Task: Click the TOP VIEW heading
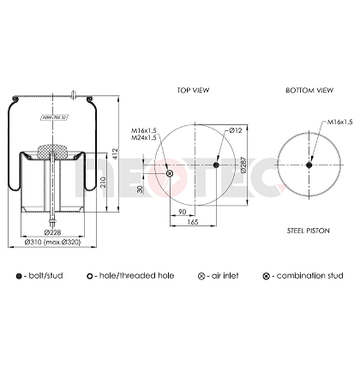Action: pyautogui.click(x=194, y=89)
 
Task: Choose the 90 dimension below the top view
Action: pyautogui.click(x=183, y=211)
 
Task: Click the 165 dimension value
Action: pyautogui.click(x=193, y=222)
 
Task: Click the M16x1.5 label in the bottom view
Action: pyautogui.click(x=339, y=123)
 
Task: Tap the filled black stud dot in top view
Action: pyautogui.click(x=217, y=165)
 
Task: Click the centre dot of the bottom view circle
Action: pyautogui.click(x=309, y=165)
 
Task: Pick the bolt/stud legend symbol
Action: pyautogui.click(x=19, y=275)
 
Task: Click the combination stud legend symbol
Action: pyautogui.click(x=266, y=275)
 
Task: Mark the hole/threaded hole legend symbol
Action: pyautogui.click(x=90, y=275)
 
